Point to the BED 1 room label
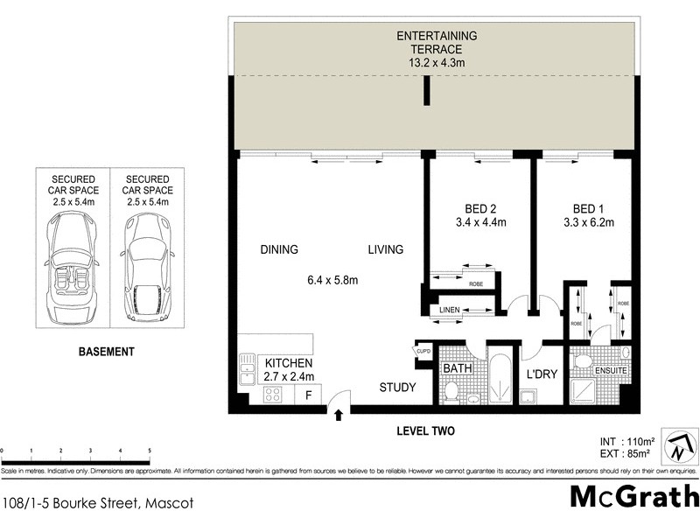(588, 208)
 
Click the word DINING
(279, 249)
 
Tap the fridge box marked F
(307, 394)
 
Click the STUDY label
(396, 388)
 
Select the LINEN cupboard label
(451, 309)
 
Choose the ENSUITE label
(611, 371)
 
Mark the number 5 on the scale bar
(150, 451)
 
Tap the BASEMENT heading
(107, 352)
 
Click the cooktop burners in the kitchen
(272, 394)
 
